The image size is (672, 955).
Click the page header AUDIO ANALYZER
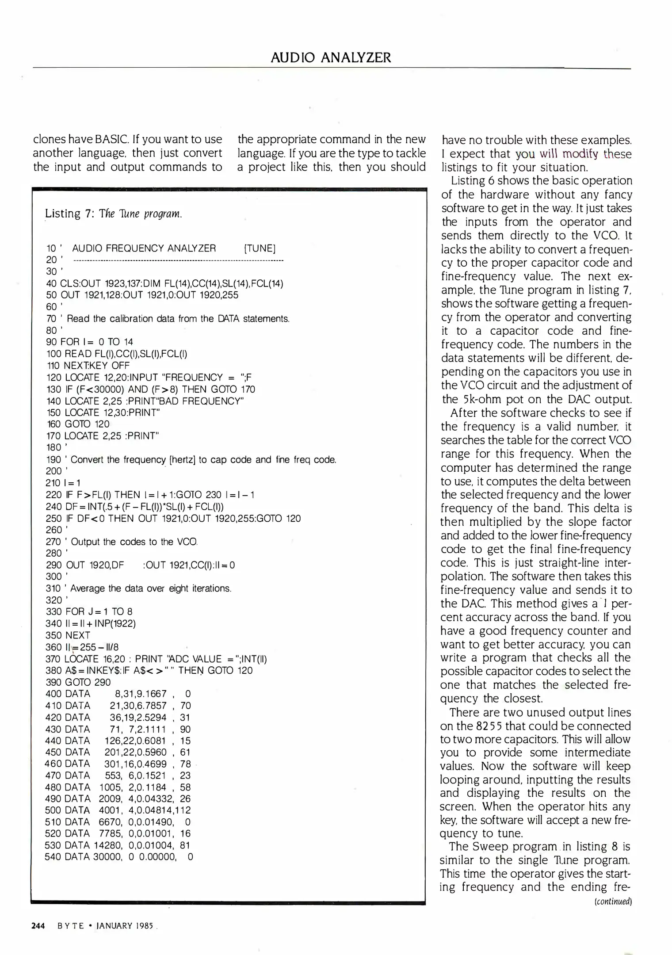tap(331, 57)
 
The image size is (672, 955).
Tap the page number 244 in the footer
tap(38, 926)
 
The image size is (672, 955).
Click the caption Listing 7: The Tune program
tap(113, 214)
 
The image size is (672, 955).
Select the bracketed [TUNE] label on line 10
tap(260, 248)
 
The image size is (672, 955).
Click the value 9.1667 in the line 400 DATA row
tap(151, 694)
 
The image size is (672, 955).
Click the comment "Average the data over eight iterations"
tap(150, 588)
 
